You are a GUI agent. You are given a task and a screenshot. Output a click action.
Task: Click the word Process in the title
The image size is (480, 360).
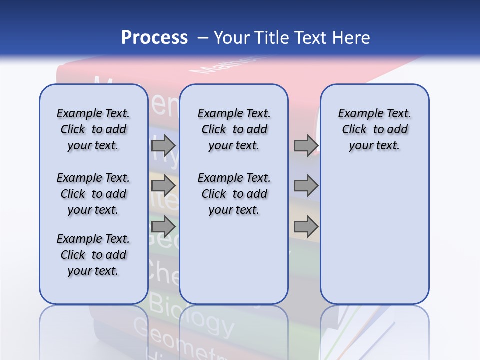click(154, 37)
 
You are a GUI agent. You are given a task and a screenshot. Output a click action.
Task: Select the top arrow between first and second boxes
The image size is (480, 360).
click(163, 145)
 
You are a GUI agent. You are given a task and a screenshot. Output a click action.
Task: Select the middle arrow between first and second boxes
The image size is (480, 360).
click(163, 186)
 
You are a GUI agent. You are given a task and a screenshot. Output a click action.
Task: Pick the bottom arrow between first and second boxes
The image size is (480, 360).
click(163, 227)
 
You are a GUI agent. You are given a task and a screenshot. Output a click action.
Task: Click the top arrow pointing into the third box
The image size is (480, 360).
click(306, 145)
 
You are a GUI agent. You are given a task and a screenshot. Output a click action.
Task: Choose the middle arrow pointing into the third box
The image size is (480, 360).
click(306, 186)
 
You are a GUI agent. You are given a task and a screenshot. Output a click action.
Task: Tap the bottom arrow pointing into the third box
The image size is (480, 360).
click(306, 227)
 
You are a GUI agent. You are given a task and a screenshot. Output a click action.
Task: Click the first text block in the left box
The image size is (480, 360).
click(93, 129)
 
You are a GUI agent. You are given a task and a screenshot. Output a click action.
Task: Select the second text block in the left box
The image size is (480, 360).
click(93, 194)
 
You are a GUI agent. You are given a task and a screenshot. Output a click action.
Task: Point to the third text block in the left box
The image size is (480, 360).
click(93, 255)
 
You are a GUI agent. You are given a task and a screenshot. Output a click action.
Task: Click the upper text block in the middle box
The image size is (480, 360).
click(234, 129)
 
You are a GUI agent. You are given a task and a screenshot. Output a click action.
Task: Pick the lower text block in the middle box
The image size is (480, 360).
click(234, 194)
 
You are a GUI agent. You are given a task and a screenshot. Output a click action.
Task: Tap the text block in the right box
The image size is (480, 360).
click(374, 129)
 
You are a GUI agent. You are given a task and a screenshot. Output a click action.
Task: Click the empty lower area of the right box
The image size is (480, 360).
click(374, 240)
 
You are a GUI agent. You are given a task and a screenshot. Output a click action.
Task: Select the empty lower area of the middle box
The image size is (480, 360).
click(234, 260)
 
